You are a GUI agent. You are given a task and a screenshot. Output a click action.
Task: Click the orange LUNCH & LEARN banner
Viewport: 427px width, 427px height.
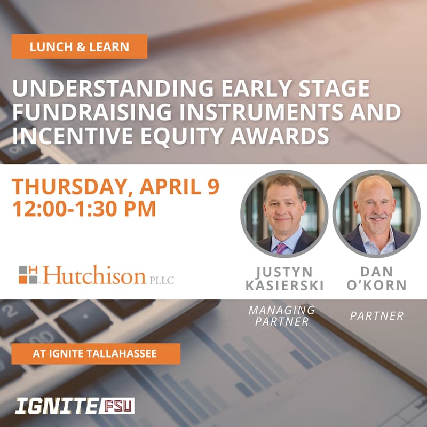pos(80,46)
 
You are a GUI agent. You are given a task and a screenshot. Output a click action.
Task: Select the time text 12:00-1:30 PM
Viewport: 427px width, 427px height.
pos(84,208)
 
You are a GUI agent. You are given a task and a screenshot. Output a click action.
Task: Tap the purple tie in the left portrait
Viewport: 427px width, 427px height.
pos(281,247)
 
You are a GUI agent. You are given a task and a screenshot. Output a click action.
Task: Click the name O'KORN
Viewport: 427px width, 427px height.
pos(376,286)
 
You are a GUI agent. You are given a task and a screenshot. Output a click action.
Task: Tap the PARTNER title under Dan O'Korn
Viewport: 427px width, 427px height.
pos(376,316)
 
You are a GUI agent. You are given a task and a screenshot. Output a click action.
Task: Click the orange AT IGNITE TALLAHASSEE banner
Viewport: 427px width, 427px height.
pos(96,353)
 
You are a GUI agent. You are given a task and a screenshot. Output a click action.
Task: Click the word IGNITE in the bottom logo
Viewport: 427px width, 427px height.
pos(56,406)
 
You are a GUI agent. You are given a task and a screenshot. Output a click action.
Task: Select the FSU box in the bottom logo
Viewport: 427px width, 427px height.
pos(116,406)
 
